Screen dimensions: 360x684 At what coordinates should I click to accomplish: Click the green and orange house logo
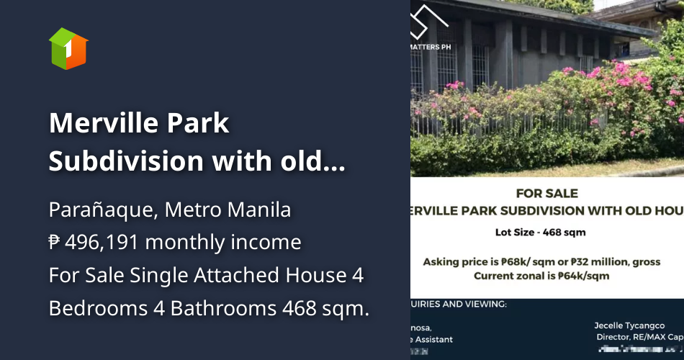pyautogui.click(x=68, y=48)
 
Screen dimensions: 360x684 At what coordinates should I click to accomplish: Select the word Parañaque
pyautogui.click(x=100, y=210)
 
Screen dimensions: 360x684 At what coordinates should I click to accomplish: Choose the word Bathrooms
pyautogui.click(x=206, y=308)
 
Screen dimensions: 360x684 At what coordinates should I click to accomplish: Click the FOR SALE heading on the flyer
pyautogui.click(x=547, y=193)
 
